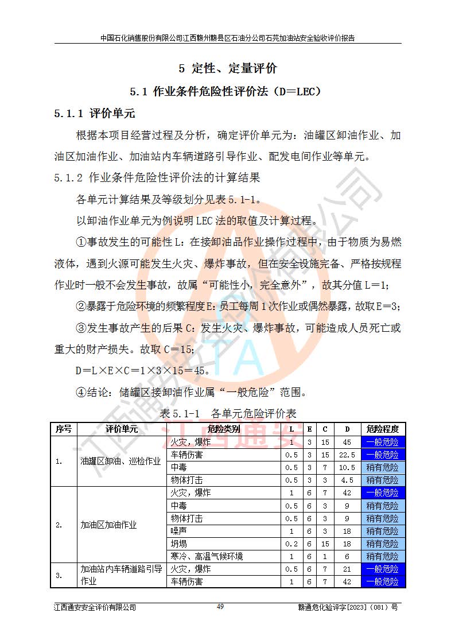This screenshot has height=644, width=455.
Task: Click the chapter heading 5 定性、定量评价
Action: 228,68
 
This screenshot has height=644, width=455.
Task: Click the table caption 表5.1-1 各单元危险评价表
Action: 227,413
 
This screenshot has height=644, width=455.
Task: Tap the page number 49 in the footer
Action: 220,607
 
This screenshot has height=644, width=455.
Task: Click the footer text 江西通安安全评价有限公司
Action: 95,607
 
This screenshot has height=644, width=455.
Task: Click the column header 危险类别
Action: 223,429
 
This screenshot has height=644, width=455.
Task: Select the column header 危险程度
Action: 383,429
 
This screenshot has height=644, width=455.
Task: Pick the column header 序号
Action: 64,429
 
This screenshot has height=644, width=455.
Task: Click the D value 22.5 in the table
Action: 347,455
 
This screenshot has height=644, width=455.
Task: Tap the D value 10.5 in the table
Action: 347,467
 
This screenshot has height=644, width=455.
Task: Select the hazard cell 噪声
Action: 179,531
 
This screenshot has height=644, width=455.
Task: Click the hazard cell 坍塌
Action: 179,544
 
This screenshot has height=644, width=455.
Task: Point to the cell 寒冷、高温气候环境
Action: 207,556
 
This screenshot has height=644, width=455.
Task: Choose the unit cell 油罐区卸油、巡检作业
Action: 120,461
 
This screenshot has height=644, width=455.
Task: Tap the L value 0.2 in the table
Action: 291,544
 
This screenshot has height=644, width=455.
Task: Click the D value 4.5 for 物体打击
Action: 347,480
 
